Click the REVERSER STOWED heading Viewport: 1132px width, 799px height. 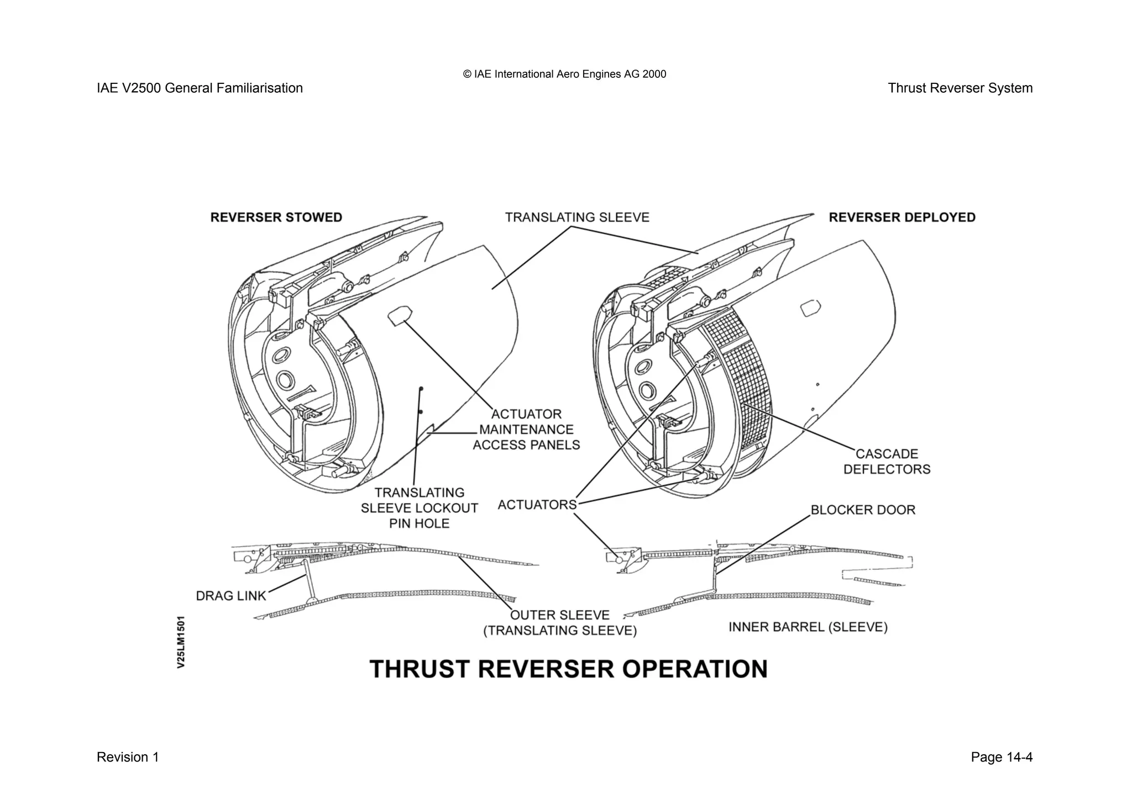[276, 218]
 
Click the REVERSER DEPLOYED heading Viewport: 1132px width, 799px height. [902, 218]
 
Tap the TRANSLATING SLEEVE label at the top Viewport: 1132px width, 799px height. [577, 218]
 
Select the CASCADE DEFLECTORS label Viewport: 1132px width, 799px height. [887, 462]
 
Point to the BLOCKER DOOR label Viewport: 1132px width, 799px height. [862, 510]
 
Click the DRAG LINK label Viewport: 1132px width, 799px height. [231, 596]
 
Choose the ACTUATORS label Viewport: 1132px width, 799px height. [537, 505]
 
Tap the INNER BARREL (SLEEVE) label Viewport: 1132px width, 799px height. [808, 627]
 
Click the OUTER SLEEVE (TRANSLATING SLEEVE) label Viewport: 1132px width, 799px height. [560, 623]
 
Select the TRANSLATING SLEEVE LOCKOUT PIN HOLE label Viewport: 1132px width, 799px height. [419, 508]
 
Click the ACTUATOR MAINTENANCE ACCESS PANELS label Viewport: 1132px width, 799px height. [526, 430]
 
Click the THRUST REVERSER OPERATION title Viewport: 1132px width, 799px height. [568, 669]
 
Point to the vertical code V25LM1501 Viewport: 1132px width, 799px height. [181, 642]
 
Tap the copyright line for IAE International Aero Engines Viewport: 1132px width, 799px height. [564, 74]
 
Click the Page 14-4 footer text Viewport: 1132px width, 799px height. [1001, 757]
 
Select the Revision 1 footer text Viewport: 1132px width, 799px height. [128, 757]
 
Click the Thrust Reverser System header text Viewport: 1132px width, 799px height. [960, 88]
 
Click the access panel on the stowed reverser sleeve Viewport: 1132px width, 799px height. [399, 315]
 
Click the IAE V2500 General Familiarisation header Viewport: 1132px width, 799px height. [200, 88]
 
